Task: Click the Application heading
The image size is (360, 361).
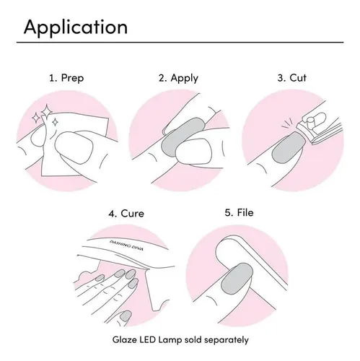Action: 76,27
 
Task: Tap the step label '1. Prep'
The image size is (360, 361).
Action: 66,78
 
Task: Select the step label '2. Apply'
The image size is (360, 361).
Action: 178,79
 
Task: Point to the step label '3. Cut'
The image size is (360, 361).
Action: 292,78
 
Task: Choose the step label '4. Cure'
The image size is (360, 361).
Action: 126,214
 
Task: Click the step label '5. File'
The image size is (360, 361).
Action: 239,212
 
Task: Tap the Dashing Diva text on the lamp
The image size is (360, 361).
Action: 126,245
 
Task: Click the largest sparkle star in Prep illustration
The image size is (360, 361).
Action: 45,111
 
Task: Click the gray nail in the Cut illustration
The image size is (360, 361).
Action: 289,147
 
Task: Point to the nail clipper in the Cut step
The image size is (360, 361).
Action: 319,128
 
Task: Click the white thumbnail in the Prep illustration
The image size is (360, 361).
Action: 74,147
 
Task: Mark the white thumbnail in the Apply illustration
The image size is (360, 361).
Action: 195,151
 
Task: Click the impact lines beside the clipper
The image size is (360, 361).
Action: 287,123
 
